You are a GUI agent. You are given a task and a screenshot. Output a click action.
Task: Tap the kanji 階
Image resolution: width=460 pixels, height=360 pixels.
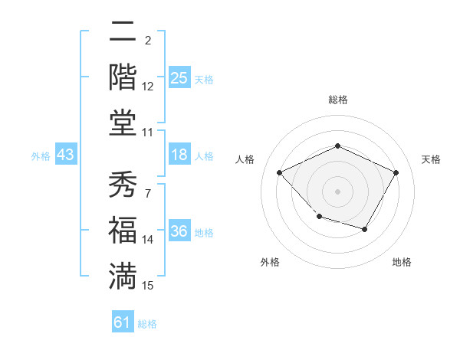point(123,77)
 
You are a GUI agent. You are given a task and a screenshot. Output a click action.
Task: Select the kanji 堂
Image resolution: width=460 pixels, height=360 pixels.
point(123,123)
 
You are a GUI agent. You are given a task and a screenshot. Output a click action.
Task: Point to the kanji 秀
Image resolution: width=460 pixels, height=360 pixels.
point(123,184)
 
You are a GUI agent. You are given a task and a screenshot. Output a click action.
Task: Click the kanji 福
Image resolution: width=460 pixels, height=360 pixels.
point(123,231)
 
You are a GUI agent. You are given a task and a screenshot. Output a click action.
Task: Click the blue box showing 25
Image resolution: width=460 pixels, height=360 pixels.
point(179,78)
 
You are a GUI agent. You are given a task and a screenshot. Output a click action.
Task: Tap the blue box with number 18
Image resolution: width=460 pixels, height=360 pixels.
point(179,155)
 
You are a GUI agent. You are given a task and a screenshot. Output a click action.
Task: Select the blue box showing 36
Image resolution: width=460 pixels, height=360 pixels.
point(179,232)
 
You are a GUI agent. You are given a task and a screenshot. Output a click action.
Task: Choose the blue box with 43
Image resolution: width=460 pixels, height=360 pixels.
point(65,155)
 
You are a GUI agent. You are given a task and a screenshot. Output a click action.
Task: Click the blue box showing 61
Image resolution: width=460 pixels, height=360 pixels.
point(123,322)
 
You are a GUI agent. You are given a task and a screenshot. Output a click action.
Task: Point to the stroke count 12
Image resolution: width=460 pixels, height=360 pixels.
point(148,87)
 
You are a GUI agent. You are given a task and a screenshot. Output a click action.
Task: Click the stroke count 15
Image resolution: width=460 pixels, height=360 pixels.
point(148,286)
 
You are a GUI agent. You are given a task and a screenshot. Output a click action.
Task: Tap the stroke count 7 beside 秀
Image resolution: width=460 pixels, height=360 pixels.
point(147,193)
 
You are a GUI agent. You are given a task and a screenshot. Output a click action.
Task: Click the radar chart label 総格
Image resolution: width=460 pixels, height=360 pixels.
point(337,100)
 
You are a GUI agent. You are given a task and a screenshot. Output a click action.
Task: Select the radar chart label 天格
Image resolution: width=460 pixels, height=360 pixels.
point(432,159)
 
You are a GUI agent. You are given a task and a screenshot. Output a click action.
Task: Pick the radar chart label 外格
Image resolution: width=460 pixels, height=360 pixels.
point(270,262)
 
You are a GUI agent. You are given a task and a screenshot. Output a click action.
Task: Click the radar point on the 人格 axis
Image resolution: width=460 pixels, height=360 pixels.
point(280,172)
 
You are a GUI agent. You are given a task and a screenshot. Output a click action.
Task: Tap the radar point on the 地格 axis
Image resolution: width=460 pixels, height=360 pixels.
point(365,229)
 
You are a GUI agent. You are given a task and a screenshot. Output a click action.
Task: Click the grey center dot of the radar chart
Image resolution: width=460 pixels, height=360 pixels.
point(337,191)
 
